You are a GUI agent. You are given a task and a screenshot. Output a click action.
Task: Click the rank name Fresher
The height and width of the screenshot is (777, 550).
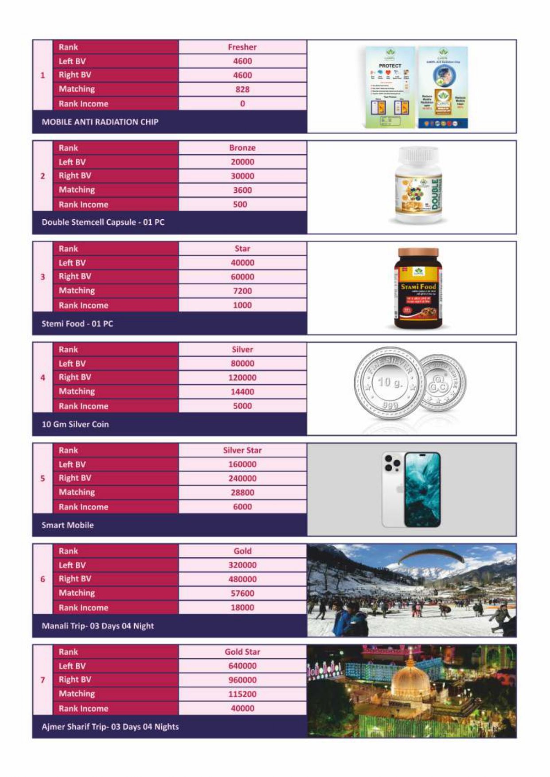242,47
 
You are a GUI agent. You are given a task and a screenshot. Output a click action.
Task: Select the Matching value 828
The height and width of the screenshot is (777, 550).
242,89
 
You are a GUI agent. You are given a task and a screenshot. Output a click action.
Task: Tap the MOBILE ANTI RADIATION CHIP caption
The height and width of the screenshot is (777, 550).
100,122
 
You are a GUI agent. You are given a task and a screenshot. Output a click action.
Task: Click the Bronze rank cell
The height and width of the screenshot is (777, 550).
242,148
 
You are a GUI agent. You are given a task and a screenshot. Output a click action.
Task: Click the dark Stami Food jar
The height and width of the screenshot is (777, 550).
417,288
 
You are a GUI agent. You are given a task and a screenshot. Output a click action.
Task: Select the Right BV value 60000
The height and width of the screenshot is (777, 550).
242,277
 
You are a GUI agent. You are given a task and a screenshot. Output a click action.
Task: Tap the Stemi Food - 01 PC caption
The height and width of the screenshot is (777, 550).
77,324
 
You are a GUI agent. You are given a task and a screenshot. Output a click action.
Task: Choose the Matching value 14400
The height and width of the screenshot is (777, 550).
242,392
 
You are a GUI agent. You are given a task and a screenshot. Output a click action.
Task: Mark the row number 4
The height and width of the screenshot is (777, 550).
43,378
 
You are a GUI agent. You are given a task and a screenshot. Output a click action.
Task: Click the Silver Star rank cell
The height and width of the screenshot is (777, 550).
242,451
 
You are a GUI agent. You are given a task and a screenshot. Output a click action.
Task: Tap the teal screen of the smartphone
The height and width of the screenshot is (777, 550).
422,489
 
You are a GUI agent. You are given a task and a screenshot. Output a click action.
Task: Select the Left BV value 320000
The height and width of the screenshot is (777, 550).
242,565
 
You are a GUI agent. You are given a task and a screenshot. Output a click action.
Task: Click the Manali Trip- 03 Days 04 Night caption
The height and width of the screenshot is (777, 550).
98,626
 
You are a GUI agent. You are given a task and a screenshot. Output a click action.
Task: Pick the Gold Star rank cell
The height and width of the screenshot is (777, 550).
242,652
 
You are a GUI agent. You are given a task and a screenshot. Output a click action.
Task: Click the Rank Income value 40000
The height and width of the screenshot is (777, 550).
242,708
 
